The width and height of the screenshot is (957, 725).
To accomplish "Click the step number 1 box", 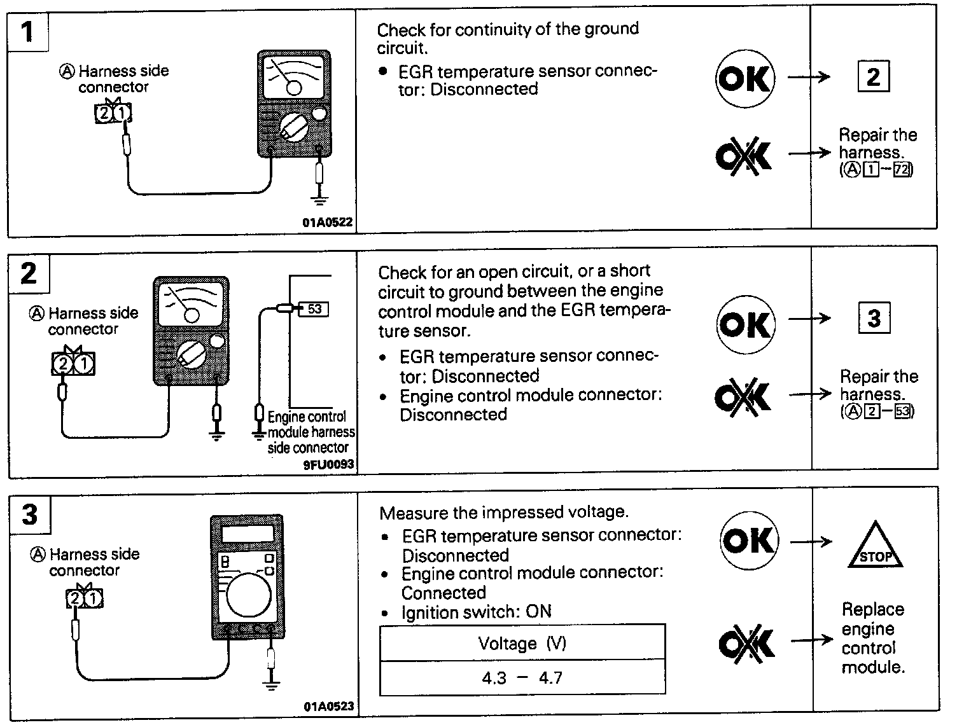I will click(x=28, y=31).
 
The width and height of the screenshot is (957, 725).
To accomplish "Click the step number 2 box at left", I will click(x=29, y=273).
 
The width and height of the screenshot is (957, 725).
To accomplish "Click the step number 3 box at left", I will click(x=30, y=514).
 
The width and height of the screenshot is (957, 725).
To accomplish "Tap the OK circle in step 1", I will click(x=745, y=79).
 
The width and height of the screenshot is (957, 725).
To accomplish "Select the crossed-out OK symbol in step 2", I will click(x=743, y=396).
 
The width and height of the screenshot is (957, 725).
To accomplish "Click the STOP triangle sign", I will click(x=876, y=548).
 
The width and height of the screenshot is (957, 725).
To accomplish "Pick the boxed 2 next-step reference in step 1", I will click(x=873, y=77).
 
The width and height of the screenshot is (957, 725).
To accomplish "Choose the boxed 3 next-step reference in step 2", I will click(x=874, y=319).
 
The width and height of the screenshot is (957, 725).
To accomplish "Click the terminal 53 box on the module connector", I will click(x=314, y=309).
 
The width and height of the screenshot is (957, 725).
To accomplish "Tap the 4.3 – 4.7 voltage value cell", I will click(x=522, y=678).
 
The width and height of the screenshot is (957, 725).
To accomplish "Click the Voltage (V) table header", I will click(x=522, y=644).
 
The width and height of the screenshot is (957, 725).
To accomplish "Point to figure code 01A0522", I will click(x=327, y=223).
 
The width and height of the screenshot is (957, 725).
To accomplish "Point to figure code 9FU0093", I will click(x=328, y=465).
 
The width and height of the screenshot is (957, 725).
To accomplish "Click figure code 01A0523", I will click(x=328, y=707).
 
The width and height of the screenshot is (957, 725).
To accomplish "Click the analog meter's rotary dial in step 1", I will click(x=293, y=127).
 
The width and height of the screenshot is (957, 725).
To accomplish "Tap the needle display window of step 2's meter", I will click(x=192, y=305).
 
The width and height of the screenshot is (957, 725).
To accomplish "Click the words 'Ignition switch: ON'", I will click(x=477, y=612).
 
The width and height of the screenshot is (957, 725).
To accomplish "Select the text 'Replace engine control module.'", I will click(x=872, y=638).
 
